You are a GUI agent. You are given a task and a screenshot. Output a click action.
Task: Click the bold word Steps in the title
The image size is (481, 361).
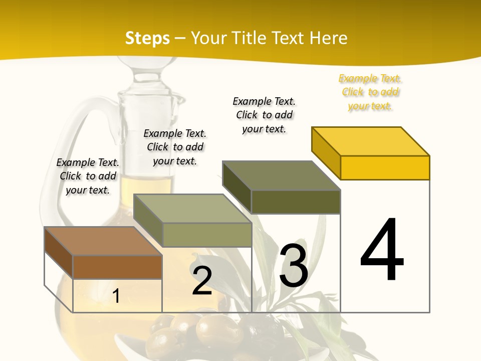[x=147, y=39]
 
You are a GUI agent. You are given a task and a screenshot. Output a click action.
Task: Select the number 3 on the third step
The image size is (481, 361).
[x=294, y=266]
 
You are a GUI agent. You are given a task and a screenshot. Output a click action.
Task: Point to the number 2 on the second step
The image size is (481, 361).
[x=202, y=281]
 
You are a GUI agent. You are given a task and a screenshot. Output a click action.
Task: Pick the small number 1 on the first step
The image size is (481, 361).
[x=116, y=296]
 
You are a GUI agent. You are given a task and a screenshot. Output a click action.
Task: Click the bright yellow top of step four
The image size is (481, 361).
[x=371, y=141]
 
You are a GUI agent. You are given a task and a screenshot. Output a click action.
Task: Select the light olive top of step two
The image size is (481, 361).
[x=192, y=209]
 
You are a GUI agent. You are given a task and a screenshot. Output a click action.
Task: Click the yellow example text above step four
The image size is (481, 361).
[x=370, y=92]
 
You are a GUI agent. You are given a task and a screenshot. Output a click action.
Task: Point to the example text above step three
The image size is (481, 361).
[x=264, y=115]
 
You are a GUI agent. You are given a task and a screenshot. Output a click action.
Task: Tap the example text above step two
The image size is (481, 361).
[x=175, y=147]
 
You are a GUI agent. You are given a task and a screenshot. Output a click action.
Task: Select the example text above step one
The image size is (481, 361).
[x=88, y=176]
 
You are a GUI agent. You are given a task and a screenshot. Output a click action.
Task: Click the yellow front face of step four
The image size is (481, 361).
[x=385, y=167]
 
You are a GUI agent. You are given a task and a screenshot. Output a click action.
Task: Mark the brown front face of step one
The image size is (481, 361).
[x=117, y=267]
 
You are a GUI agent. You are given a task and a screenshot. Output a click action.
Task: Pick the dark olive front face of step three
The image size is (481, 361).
[x=296, y=202]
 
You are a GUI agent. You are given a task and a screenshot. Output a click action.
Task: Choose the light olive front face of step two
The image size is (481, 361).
[x=206, y=235]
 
